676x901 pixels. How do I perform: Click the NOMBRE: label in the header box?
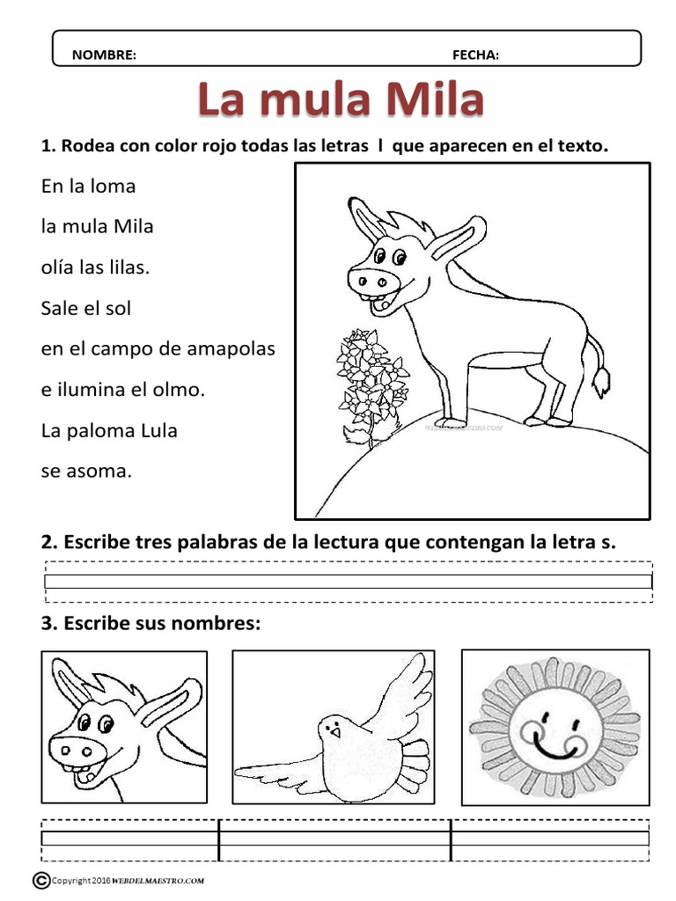point(104,55)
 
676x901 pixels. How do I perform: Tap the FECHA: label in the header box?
point(475,55)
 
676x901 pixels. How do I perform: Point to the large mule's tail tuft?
point(601,379)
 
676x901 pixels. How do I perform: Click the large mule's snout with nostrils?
point(370,281)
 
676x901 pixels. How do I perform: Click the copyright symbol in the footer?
point(40,879)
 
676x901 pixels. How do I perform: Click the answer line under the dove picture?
point(334,839)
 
